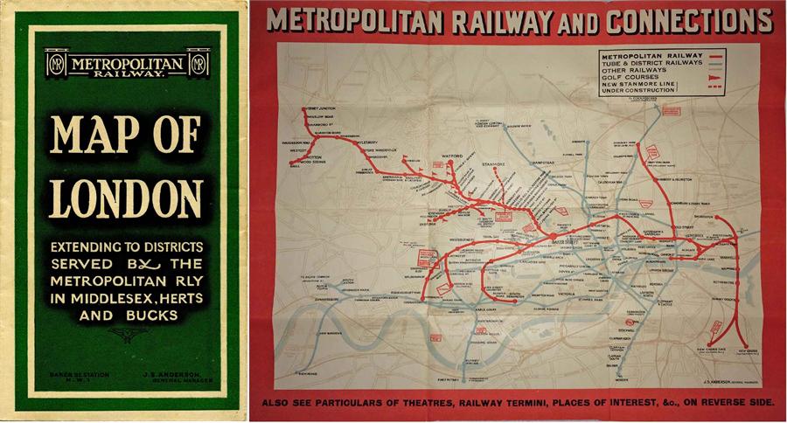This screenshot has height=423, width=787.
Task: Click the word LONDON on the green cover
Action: (126, 198)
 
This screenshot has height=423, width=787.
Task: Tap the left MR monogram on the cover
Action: (55, 63)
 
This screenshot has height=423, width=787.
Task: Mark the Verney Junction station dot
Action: (304, 108)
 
